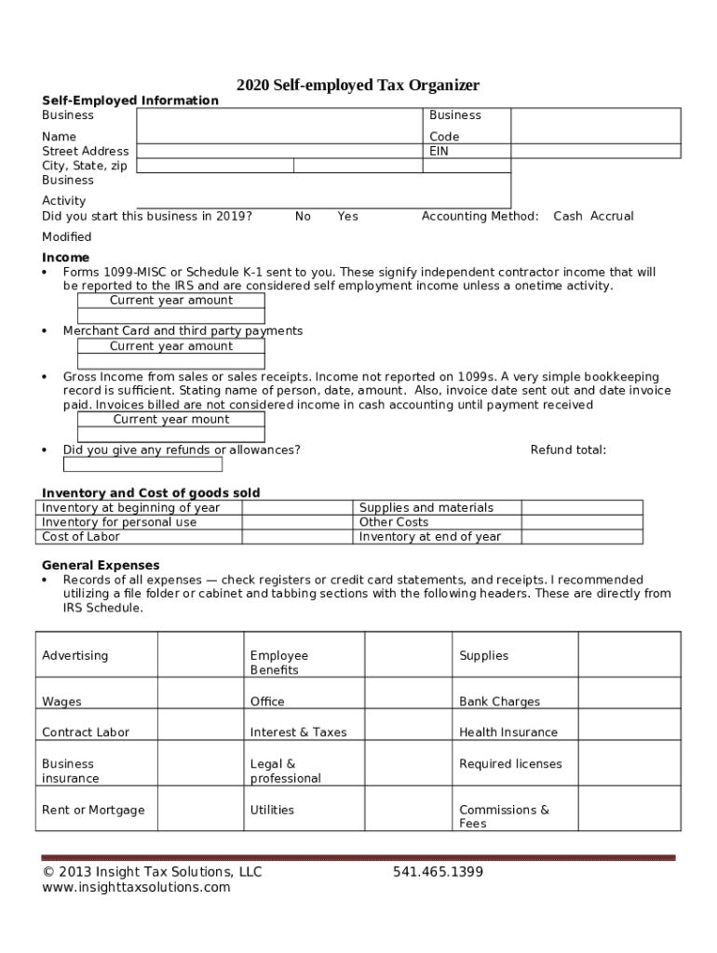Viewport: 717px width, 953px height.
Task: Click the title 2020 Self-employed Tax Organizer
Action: (358, 86)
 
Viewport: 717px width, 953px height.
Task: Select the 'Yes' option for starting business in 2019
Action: (347, 216)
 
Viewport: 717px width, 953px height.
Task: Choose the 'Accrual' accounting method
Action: (612, 216)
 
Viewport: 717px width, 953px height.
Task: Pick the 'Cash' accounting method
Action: (567, 216)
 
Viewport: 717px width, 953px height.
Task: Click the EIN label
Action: (439, 151)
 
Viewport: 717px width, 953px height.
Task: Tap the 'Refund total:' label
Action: (568, 450)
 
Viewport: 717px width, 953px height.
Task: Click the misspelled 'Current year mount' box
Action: (171, 420)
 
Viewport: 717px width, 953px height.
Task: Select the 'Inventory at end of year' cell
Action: (430, 537)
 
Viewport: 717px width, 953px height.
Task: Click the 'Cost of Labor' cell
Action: (81, 537)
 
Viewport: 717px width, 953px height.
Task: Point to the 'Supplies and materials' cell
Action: (426, 508)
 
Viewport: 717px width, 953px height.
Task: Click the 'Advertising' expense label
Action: (74, 656)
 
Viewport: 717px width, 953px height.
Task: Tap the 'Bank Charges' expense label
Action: (499, 702)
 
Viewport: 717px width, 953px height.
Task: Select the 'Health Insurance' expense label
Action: (508, 732)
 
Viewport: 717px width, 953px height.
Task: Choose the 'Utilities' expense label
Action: (272, 811)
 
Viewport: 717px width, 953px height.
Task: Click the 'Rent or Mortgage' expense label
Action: (93, 811)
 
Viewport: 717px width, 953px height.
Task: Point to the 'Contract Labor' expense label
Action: (86, 732)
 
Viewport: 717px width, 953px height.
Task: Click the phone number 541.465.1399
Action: (438, 872)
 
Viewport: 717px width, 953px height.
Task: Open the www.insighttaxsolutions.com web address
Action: (136, 888)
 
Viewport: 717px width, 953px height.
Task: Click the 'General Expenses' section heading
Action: (101, 566)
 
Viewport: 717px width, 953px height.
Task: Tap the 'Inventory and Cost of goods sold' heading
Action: (151, 493)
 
